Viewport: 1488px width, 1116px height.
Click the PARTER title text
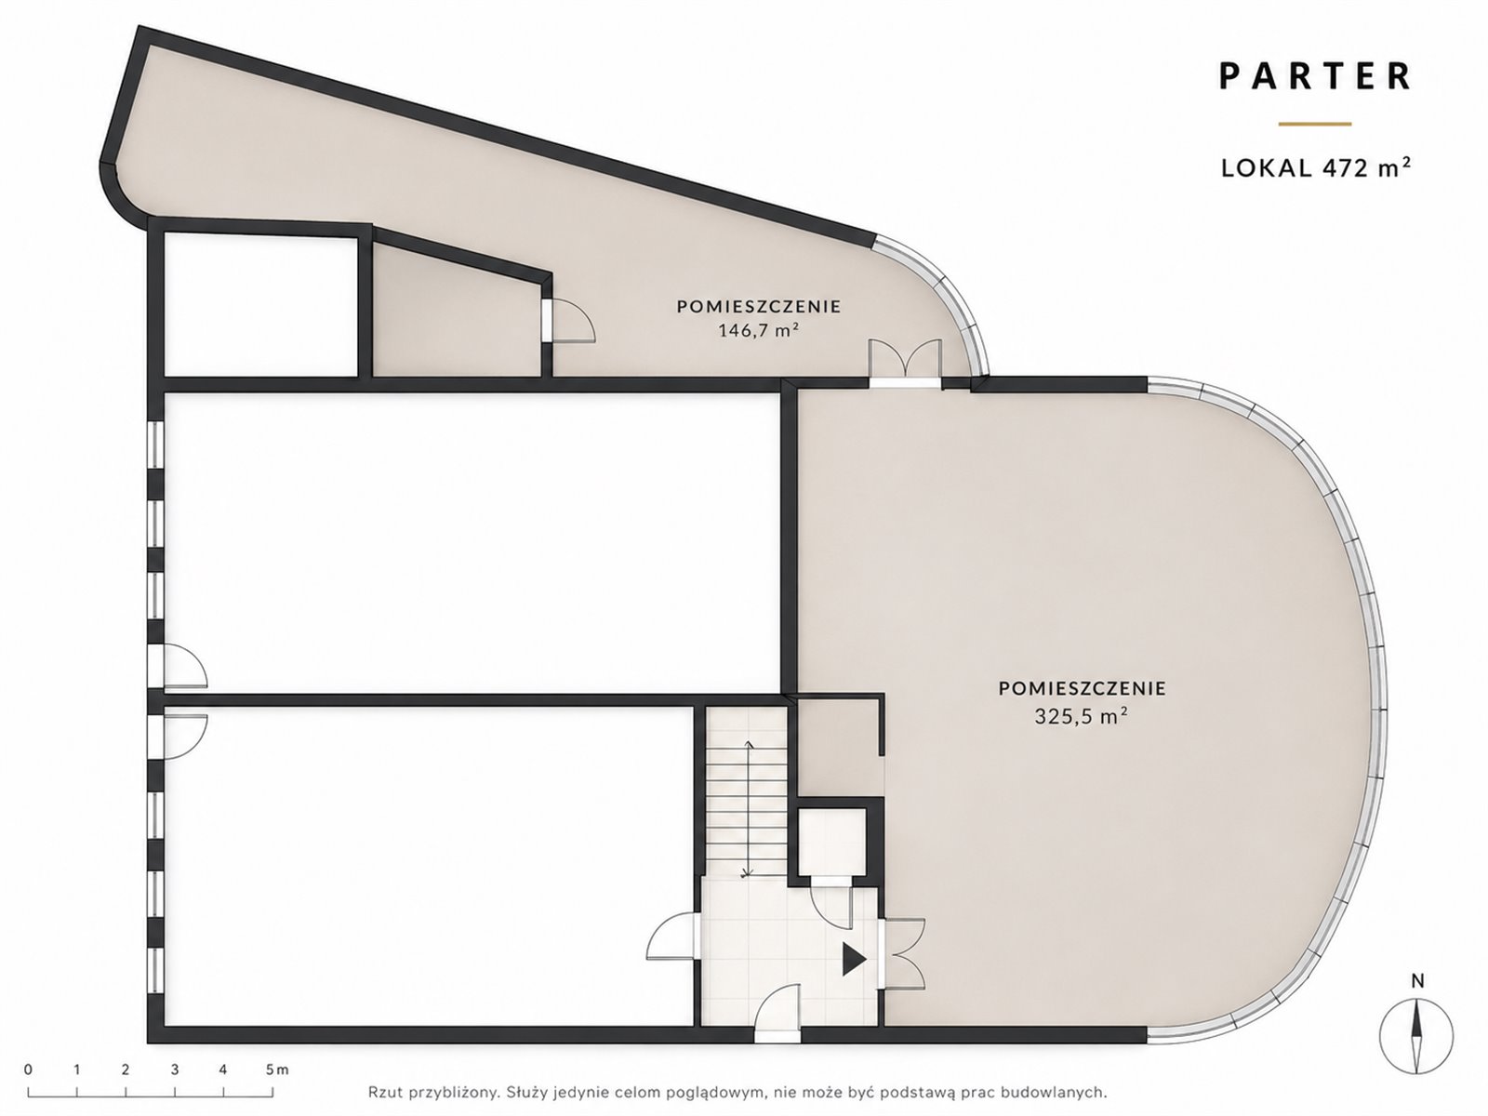pyautogui.click(x=1315, y=76)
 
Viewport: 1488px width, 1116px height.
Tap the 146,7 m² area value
pyautogui.click(x=759, y=330)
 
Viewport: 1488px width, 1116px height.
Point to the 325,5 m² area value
pyautogui.click(x=1082, y=716)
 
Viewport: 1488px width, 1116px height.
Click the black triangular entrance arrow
pyautogui.click(x=854, y=960)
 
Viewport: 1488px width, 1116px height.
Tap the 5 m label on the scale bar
pyautogui.click(x=277, y=1069)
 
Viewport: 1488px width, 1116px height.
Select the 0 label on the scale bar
pyautogui.click(x=28, y=1069)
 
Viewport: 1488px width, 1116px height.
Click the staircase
pyautogui.click(x=747, y=792)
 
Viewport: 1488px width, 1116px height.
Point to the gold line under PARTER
pyautogui.click(x=1315, y=124)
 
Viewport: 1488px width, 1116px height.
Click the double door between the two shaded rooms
pyautogui.click(x=905, y=364)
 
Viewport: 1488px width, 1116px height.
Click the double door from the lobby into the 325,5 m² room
pyautogui.click(x=901, y=954)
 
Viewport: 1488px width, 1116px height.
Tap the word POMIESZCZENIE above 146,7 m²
pyautogui.click(x=759, y=306)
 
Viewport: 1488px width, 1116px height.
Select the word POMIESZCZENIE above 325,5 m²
pyautogui.click(x=1082, y=688)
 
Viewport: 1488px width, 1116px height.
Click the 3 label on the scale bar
pyautogui.click(x=175, y=1069)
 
